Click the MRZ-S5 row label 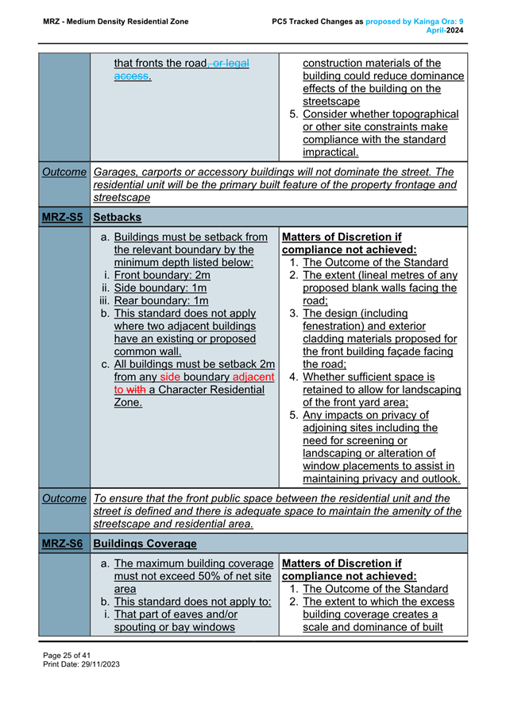[64, 216]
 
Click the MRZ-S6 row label [64, 543]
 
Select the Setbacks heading [117, 216]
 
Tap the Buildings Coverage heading [145, 543]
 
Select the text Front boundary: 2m [161, 275]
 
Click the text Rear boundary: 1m [161, 300]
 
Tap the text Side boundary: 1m [161, 288]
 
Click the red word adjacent [248, 377]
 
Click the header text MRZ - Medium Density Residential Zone [116, 21]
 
